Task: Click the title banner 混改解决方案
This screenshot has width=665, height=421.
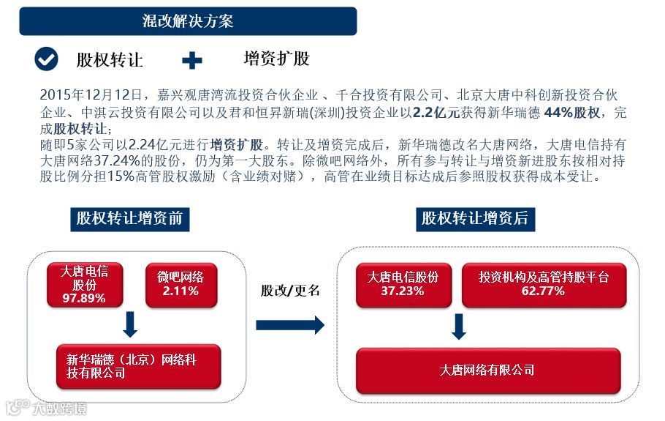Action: [188, 21]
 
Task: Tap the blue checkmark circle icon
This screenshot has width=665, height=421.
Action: [47, 59]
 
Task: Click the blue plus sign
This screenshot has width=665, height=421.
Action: [192, 60]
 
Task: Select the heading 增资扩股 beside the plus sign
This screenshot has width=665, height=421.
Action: [277, 59]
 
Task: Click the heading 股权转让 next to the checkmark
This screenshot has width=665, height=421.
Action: [110, 59]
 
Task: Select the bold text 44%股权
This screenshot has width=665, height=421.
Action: [572, 112]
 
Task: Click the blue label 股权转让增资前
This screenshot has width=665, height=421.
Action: [129, 218]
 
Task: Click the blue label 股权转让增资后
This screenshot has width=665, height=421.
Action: [474, 218]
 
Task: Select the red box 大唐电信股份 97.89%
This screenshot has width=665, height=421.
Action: [85, 285]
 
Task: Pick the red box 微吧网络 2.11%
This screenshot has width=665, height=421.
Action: [180, 284]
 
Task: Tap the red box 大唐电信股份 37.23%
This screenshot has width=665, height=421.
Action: [403, 284]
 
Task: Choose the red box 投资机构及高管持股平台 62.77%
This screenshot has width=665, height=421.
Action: [544, 284]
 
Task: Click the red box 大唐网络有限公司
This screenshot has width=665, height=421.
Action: [487, 370]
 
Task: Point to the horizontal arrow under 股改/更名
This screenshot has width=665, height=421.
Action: [290, 325]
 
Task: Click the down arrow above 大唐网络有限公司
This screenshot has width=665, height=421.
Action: [459, 327]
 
